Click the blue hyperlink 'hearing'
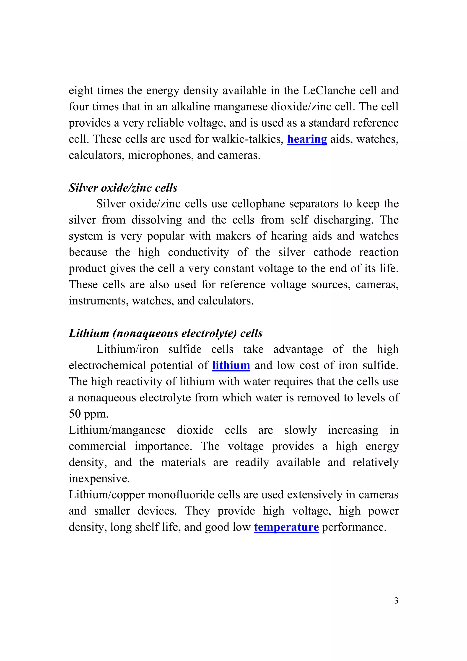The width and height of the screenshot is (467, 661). [x=307, y=139]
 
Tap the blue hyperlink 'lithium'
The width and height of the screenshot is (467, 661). [x=231, y=365]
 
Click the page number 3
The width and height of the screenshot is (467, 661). [x=396, y=599]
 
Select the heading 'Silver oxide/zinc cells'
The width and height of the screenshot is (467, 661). [x=123, y=188]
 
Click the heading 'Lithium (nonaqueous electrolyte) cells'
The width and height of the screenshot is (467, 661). [x=166, y=333]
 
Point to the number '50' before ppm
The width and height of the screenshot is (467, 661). [x=75, y=414]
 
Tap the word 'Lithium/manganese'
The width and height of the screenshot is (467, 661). [x=117, y=430]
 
